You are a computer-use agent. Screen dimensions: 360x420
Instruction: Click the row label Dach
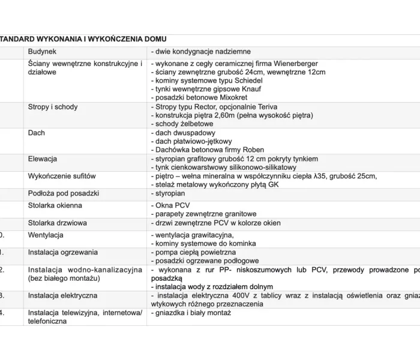click(37, 133)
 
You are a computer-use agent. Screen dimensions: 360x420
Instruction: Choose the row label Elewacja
click(43, 159)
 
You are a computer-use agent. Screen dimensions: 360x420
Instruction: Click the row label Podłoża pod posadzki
click(64, 194)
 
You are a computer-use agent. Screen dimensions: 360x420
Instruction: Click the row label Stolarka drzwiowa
click(58, 223)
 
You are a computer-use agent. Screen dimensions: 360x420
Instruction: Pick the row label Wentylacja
click(46, 235)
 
